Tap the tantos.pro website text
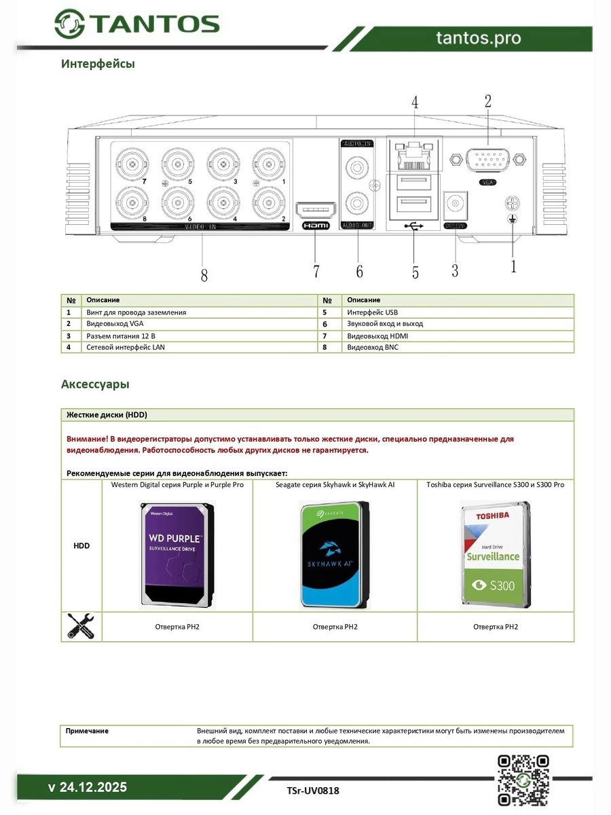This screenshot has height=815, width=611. coord(479,38)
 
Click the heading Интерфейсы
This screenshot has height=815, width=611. coord(98,64)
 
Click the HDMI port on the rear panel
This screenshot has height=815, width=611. coord(316,209)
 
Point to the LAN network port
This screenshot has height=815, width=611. coord(414,156)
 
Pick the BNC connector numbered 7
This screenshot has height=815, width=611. coord(130,164)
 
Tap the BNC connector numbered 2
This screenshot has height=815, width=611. coord(268,202)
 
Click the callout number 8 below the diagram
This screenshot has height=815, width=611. coord(204,275)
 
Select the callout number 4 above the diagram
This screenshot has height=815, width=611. coord(415,103)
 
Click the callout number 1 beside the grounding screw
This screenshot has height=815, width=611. coord(513,266)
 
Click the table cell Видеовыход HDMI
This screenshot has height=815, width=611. coord(377,336)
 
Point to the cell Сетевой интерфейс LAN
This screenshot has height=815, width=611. coord(126,347)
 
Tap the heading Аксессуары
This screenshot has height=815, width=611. coord(95,384)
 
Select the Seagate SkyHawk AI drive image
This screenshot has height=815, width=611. coord(335,554)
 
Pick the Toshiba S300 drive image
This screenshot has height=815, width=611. coord(495,554)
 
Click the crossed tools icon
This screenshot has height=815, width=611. coord(81,626)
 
